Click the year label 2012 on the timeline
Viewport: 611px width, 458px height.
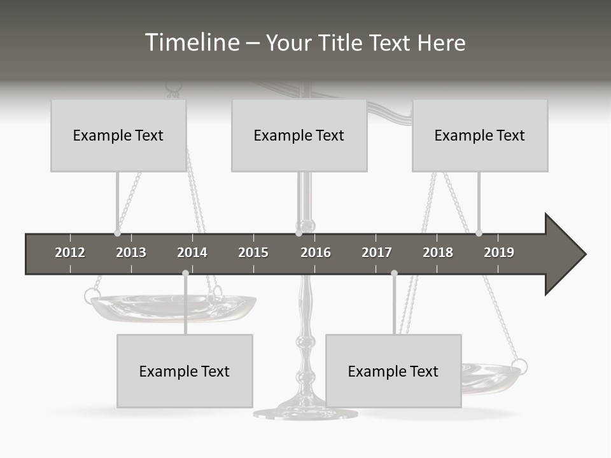point(70,253)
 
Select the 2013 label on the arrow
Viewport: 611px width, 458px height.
point(131,253)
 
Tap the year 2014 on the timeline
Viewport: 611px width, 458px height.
point(192,253)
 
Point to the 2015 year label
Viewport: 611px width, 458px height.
point(253,253)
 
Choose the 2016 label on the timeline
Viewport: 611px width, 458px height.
point(316,253)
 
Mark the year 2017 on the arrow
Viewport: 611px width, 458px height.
point(377,253)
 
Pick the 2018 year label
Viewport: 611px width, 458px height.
point(438,253)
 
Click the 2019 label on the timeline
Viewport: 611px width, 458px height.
point(499,253)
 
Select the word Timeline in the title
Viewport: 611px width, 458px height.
point(191,43)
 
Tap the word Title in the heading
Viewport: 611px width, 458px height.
point(342,43)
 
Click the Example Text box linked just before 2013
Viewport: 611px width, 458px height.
point(118,135)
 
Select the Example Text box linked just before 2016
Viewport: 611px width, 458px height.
point(299,135)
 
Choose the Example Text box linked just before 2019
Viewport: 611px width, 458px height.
point(480,135)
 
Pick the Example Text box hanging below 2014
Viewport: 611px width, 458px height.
point(185,371)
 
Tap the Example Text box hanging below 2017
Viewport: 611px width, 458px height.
point(393,371)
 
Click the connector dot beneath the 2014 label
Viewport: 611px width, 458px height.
point(185,273)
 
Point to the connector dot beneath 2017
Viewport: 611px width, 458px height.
point(394,273)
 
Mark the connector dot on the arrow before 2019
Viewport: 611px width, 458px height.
point(479,233)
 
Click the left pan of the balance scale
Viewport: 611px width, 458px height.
point(172,307)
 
